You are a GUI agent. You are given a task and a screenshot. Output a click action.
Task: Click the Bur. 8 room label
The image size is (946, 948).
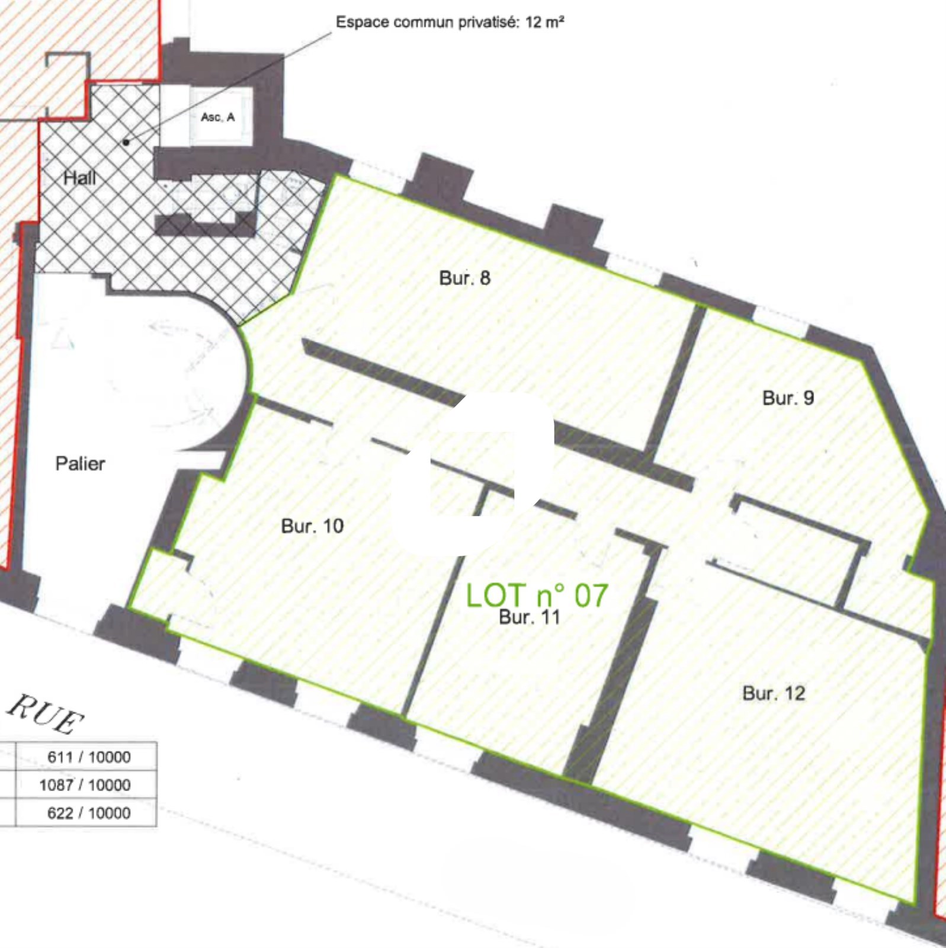[465, 278]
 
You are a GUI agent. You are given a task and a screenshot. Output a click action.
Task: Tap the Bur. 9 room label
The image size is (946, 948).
[788, 398]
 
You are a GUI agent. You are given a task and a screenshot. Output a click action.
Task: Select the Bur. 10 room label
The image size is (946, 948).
[312, 526]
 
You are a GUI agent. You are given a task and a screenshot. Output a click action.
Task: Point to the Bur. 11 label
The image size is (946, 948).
[530, 617]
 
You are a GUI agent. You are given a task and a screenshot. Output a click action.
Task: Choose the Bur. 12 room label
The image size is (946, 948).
[774, 693]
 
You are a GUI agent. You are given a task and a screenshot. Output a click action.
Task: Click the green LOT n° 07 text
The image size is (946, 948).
[537, 595]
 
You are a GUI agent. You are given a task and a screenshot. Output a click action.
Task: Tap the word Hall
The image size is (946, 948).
[79, 178]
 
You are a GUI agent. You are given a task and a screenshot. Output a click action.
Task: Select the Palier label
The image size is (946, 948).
[80, 463]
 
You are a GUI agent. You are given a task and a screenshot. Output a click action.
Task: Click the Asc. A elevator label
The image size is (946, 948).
[218, 117]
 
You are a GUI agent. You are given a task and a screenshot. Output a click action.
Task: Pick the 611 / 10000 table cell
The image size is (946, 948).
[86, 757]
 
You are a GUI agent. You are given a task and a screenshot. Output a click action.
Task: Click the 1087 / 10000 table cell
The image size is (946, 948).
[86, 784]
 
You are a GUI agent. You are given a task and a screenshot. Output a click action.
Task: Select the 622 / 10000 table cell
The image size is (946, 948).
[86, 812]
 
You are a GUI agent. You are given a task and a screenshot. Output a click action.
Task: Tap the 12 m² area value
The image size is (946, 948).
[544, 23]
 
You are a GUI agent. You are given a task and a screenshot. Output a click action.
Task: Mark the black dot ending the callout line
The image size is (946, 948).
[126, 142]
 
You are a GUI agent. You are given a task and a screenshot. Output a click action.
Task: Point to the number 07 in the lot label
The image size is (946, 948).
[591, 595]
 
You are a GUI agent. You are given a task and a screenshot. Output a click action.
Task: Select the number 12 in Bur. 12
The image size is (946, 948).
[794, 693]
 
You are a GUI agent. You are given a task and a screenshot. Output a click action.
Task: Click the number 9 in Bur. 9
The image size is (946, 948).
[809, 398]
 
